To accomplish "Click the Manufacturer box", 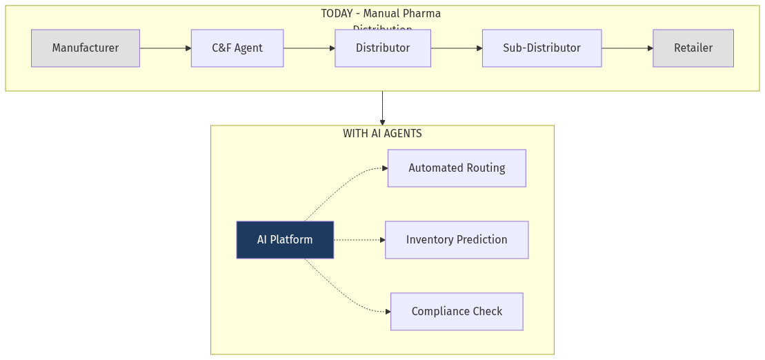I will point(86,48).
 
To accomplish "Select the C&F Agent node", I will point(237,48).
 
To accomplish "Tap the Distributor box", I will point(383,48).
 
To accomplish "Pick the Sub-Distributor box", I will point(542,48).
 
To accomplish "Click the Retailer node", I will point(693,48).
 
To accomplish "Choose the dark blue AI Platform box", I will point(285,240).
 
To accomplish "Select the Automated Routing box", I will point(457,168).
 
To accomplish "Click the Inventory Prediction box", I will point(457,240).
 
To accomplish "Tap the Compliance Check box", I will point(457,312).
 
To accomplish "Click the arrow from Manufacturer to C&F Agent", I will point(166,48).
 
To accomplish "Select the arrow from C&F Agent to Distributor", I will point(309,48).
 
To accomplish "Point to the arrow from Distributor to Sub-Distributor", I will point(457,48).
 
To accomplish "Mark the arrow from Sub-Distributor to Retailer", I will point(627,48).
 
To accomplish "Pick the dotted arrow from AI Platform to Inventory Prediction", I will point(359,240).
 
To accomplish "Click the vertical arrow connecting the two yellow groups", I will point(382,108).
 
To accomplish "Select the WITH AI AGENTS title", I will point(382,134).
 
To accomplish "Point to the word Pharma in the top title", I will point(423,14).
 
